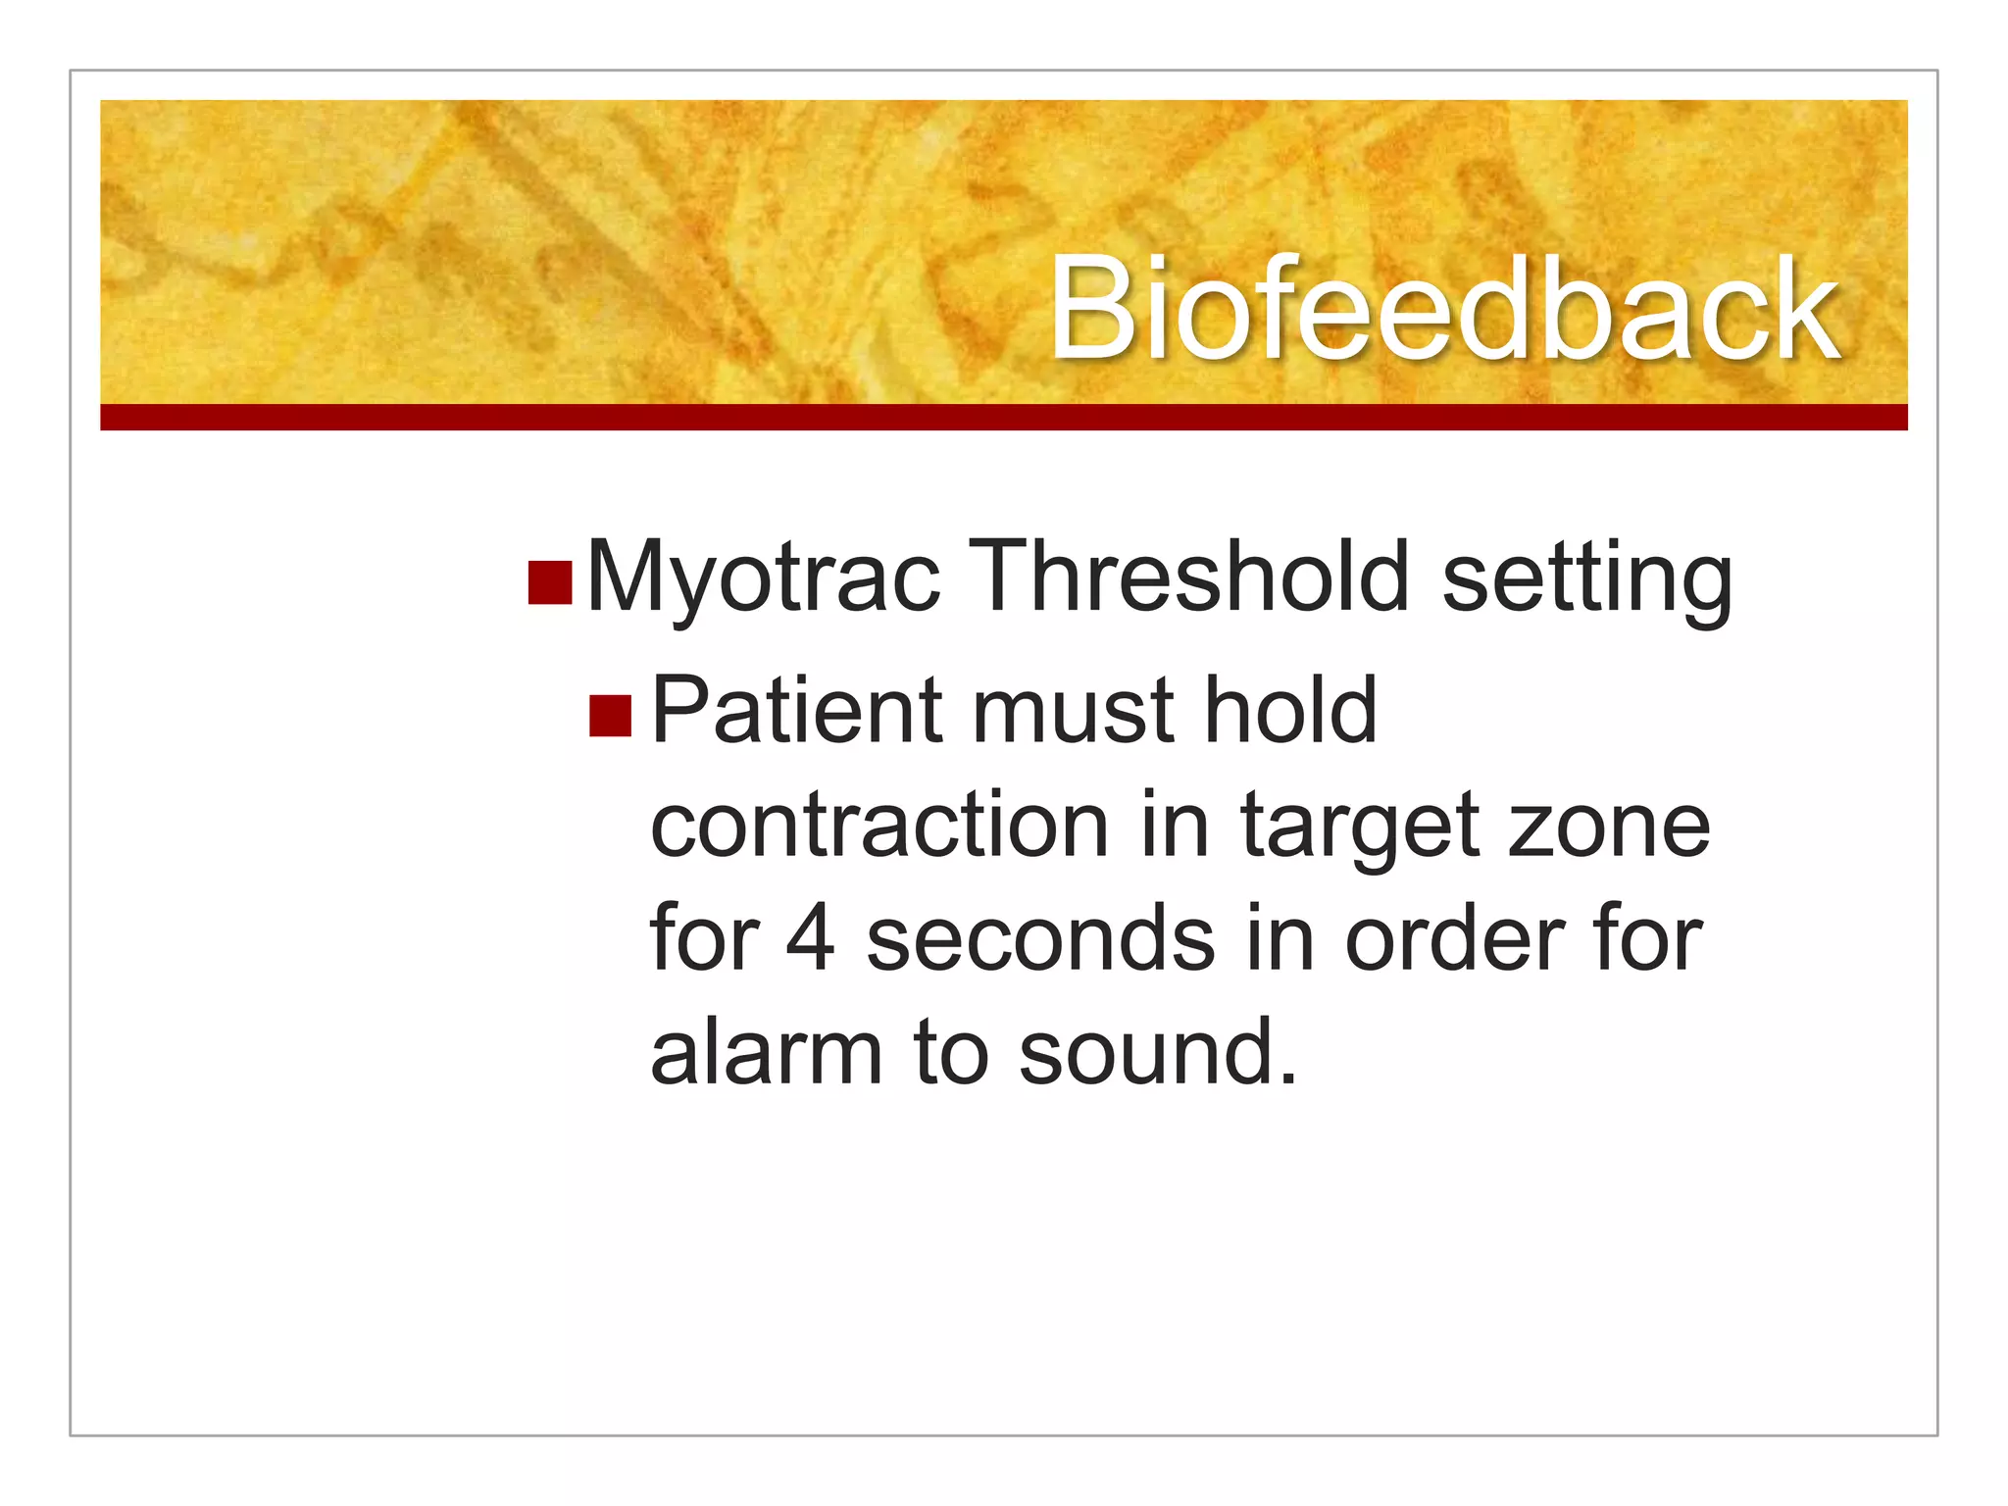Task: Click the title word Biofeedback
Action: point(1443,309)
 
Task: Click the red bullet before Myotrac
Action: point(549,581)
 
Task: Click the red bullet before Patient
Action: point(610,715)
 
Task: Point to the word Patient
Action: point(797,711)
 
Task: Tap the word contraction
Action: point(878,827)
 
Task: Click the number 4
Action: point(811,939)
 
